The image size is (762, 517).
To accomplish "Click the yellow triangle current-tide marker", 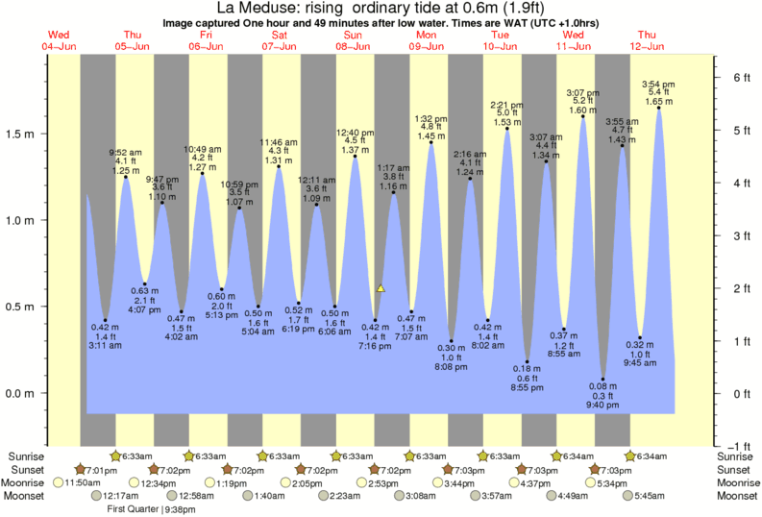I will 381,287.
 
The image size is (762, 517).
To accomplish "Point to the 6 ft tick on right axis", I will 734,77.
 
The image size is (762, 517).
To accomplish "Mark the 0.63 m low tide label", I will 144,291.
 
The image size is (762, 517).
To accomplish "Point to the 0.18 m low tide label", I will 527,368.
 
